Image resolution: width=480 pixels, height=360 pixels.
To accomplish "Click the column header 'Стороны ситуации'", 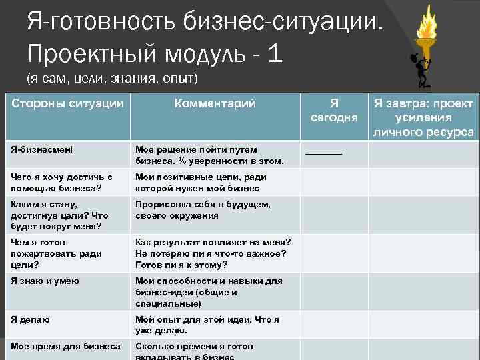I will click(67, 103).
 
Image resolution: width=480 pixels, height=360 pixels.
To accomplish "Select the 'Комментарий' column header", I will click(215, 103).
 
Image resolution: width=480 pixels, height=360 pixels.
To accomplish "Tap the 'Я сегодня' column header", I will click(334, 110).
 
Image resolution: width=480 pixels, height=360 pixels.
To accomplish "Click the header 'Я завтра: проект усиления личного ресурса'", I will click(423, 117).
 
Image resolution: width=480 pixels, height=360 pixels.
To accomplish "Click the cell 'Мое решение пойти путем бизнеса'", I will click(209, 155).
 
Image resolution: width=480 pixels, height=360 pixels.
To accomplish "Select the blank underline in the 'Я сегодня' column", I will click(323, 153).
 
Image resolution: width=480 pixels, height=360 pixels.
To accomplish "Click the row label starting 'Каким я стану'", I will click(59, 215).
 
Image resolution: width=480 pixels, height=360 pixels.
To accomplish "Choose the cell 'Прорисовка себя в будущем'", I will click(203, 210).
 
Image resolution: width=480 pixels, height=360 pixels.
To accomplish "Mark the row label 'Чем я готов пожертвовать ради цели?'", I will click(57, 253).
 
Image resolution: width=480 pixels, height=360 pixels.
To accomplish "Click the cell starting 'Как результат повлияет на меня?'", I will click(211, 253).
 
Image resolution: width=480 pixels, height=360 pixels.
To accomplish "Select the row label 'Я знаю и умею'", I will click(45, 281).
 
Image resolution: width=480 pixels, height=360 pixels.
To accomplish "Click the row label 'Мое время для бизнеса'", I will click(65, 346).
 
